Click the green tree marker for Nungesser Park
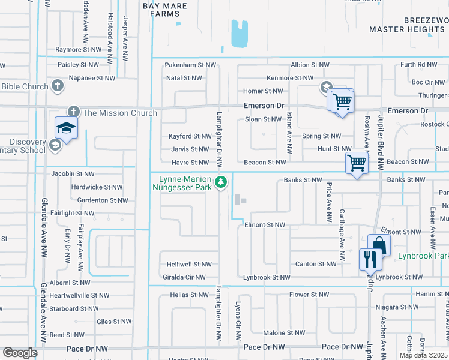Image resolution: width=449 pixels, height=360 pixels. tap(221, 181)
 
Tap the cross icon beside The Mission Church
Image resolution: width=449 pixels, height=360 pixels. tap(73, 112)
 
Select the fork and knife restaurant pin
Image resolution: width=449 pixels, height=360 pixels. tap(369, 259)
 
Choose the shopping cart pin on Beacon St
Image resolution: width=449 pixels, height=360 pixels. tap(357, 163)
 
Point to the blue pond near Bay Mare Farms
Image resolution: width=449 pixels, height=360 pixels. tap(240, 34)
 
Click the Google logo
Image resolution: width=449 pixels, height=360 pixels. tap(20, 353)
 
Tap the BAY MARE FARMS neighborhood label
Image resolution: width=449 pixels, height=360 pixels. tap(164, 10)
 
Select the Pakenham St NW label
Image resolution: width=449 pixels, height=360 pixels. tap(190, 64)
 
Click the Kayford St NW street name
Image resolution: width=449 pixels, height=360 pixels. tap(189, 137)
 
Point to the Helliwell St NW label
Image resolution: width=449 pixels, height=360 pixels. tap(190, 264)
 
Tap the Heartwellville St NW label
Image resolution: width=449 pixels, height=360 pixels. tap(79, 295)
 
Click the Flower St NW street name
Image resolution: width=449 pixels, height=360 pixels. tap(309, 295)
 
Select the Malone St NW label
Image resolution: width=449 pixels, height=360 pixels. tap(284, 332)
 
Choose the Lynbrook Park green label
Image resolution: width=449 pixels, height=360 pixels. tap(423, 256)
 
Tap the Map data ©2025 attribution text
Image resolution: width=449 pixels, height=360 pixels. tap(423, 355)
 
